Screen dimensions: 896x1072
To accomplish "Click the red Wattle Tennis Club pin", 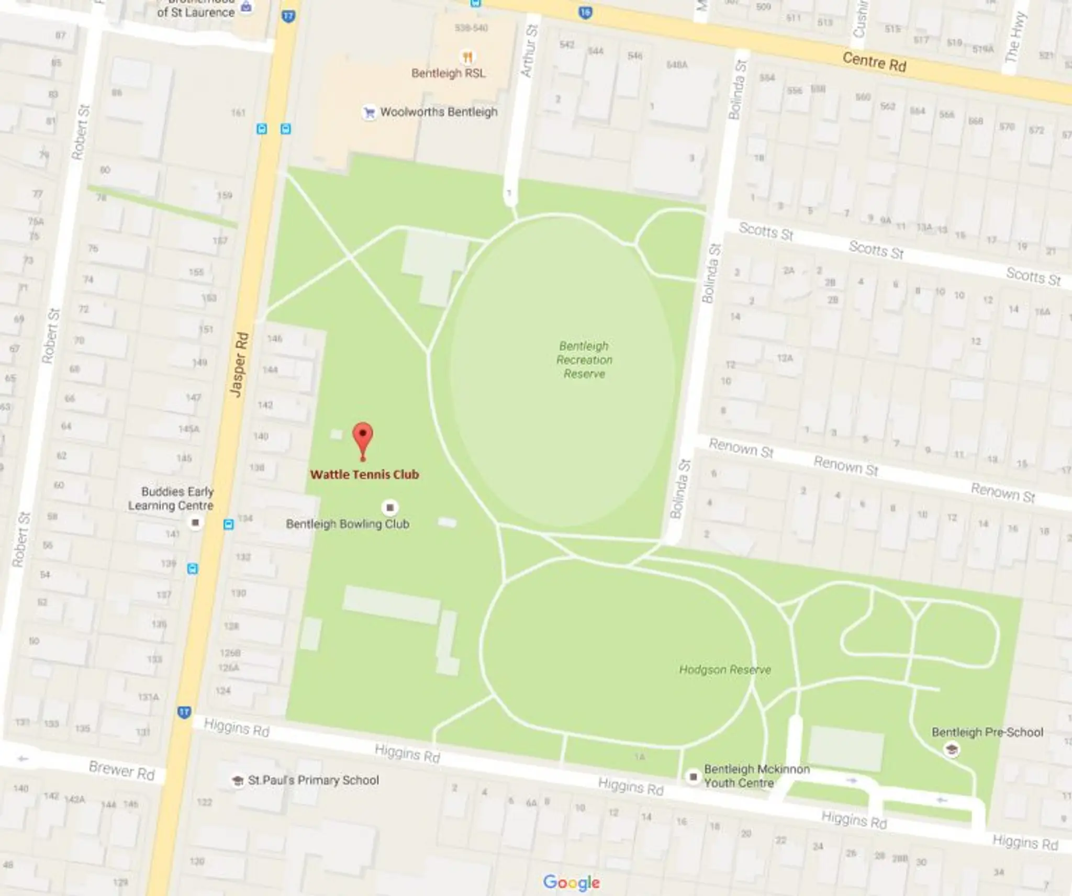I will click(363, 439).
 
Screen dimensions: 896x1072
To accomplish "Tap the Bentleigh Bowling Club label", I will click(348, 524).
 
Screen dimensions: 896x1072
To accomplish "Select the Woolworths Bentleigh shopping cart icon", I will click(370, 113).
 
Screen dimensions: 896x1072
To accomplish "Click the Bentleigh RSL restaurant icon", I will click(467, 57).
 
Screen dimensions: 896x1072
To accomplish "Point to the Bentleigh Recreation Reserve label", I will click(584, 360).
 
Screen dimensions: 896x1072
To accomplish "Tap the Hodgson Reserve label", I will click(725, 669).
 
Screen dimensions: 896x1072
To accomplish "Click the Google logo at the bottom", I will click(571, 882).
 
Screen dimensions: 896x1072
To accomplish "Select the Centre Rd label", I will click(874, 62).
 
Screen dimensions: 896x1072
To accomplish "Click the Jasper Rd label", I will click(239, 364).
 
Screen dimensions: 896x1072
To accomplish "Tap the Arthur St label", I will click(529, 51).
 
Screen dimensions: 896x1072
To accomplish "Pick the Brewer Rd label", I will click(121, 770).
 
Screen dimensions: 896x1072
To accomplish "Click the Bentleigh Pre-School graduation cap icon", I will click(951, 750).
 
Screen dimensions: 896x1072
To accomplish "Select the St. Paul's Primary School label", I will click(313, 780).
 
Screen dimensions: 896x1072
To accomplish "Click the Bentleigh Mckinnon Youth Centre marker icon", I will click(694, 777).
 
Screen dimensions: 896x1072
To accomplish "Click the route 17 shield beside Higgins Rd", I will click(184, 712).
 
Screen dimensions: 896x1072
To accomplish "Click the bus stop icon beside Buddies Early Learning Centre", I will click(229, 524).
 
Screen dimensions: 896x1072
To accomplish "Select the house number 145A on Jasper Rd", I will click(189, 429).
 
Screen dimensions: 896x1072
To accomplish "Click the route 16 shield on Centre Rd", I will click(586, 12).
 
